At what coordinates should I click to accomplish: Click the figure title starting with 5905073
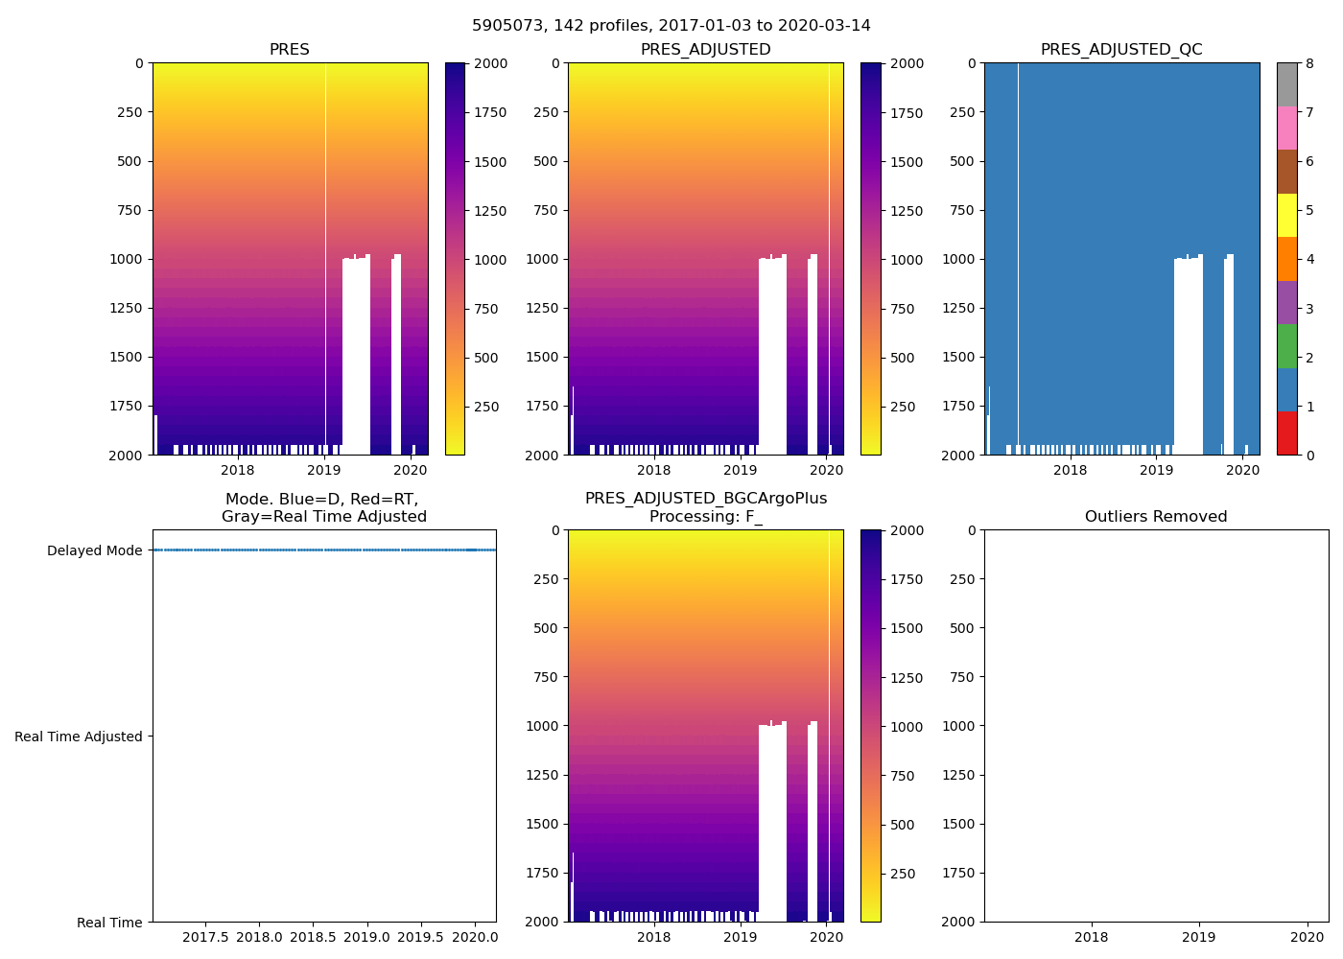(x=671, y=26)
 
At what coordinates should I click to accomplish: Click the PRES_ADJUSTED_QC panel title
(x=1121, y=50)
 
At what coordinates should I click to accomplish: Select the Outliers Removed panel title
(x=1155, y=517)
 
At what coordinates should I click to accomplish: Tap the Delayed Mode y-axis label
(x=94, y=550)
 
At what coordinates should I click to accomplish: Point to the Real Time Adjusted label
(x=79, y=737)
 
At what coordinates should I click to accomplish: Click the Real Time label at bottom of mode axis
(x=109, y=923)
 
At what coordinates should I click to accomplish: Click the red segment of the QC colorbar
(x=1286, y=433)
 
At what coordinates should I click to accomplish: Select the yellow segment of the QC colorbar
(x=1286, y=215)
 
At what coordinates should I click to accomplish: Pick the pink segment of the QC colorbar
(x=1286, y=128)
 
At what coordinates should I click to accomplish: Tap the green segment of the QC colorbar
(x=1286, y=345)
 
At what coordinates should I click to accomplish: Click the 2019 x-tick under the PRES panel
(x=324, y=470)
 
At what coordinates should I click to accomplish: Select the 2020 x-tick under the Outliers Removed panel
(x=1307, y=937)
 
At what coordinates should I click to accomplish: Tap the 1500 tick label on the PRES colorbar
(x=490, y=162)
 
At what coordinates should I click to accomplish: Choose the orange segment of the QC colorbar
(x=1286, y=259)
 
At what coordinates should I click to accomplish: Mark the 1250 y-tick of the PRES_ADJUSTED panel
(x=542, y=308)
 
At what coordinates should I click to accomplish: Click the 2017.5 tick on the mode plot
(x=205, y=937)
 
